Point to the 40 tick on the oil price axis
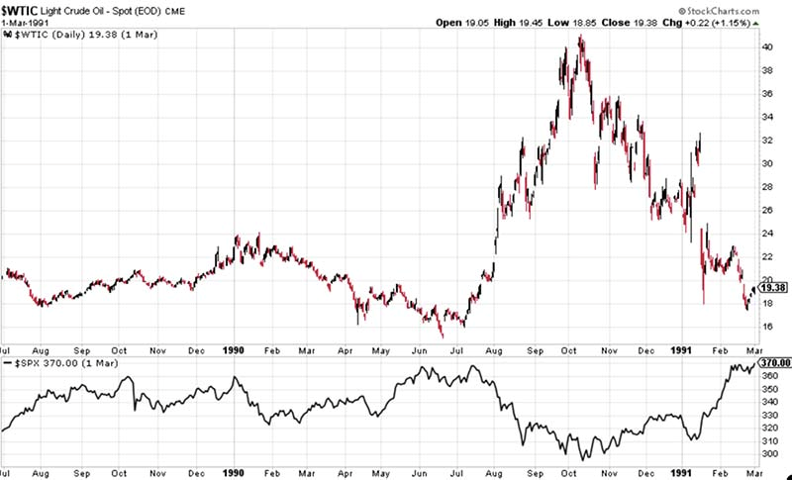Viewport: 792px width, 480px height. click(767, 47)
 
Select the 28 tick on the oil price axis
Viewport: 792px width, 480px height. click(767, 187)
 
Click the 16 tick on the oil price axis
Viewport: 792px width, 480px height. click(767, 328)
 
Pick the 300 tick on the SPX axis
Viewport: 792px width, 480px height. click(769, 454)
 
